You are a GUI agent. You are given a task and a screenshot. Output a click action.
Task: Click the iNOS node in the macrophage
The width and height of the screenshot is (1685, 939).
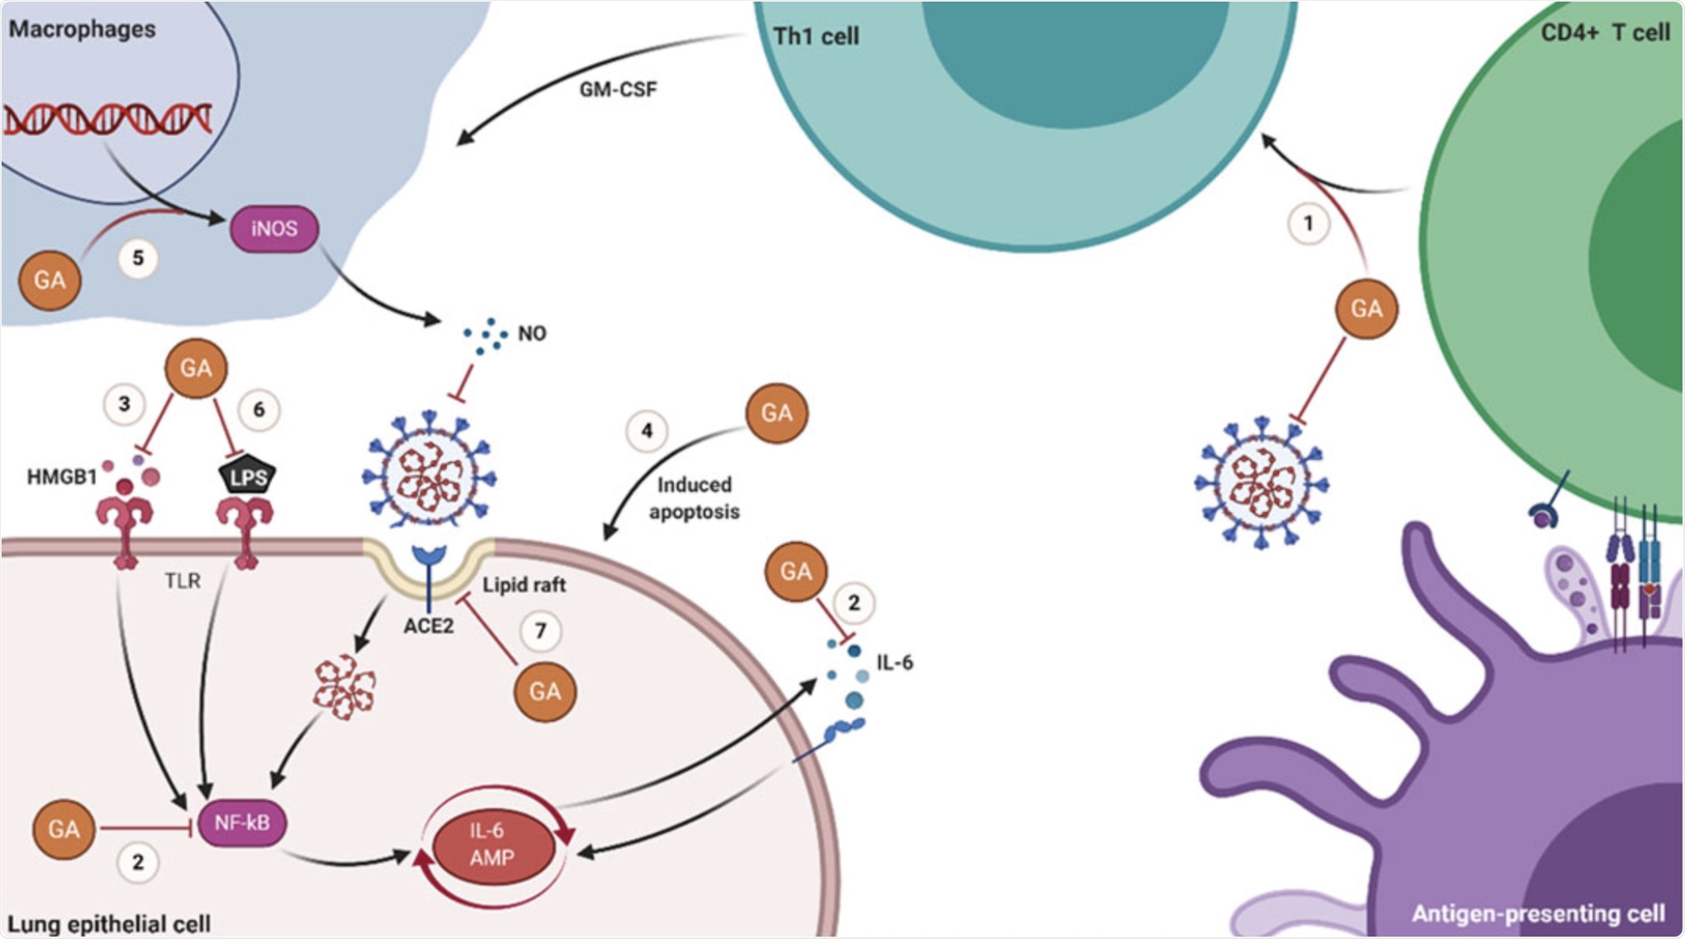point(274,229)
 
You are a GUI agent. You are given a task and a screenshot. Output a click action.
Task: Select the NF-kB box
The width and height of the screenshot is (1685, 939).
point(242,823)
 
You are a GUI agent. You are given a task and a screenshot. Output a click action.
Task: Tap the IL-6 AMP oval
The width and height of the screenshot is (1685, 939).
point(492,844)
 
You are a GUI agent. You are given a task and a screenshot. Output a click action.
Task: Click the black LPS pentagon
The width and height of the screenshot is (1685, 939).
point(247,475)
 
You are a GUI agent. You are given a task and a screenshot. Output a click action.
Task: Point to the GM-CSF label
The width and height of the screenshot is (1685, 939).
point(618,90)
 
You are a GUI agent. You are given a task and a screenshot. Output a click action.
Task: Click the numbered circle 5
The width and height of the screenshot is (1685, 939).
point(138,258)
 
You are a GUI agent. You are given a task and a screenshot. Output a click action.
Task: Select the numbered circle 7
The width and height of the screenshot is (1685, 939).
point(541,630)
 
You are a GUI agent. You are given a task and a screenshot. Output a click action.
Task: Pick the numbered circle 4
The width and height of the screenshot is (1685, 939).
point(647,431)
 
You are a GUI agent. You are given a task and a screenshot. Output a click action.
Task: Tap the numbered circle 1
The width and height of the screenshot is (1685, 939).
point(1308,224)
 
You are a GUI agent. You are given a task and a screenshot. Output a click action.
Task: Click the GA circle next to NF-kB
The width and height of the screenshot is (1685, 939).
point(64,830)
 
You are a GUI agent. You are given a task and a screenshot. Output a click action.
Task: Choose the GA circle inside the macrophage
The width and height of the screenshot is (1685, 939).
point(50,280)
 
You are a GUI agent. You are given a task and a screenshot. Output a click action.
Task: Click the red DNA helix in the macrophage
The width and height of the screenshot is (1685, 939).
point(108,120)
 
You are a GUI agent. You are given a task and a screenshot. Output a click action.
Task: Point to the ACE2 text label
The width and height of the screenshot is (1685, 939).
point(429,626)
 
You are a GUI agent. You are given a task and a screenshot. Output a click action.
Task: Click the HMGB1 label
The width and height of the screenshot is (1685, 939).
point(62,477)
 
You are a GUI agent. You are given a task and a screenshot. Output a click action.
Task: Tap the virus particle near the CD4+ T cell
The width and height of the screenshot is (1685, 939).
point(1262,482)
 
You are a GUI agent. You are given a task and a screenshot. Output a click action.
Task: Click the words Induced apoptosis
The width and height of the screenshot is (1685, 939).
point(694,498)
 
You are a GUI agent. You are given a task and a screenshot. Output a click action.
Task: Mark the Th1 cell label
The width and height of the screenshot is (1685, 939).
point(816,36)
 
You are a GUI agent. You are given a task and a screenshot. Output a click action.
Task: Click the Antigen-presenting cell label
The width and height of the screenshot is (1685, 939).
point(1538,914)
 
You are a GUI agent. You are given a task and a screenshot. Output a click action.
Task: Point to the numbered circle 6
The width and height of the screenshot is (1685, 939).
point(259,410)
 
